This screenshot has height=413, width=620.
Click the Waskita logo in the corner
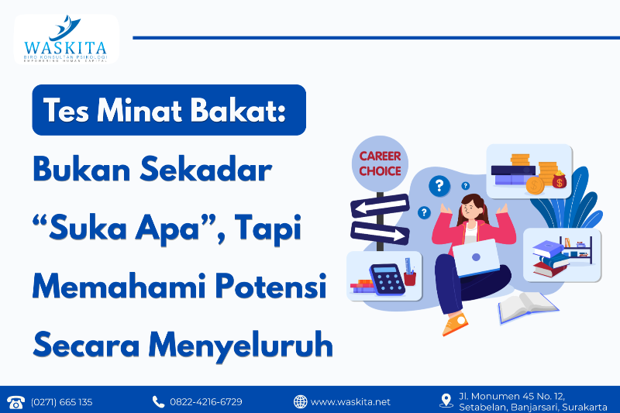coord(66,40)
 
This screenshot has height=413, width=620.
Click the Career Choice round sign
coord(380,163)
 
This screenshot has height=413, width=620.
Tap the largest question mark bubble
coord(440,185)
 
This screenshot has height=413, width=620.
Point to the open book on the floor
coord(527,307)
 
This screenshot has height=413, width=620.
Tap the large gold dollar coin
coord(534,186)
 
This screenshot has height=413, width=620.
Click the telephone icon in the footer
coord(15,401)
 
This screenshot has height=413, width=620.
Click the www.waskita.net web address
coord(350,401)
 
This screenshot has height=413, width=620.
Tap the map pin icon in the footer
coord(446,401)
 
